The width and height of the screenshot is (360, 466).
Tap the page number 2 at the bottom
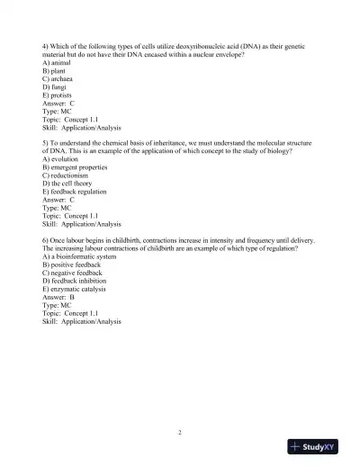pos(180,434)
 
